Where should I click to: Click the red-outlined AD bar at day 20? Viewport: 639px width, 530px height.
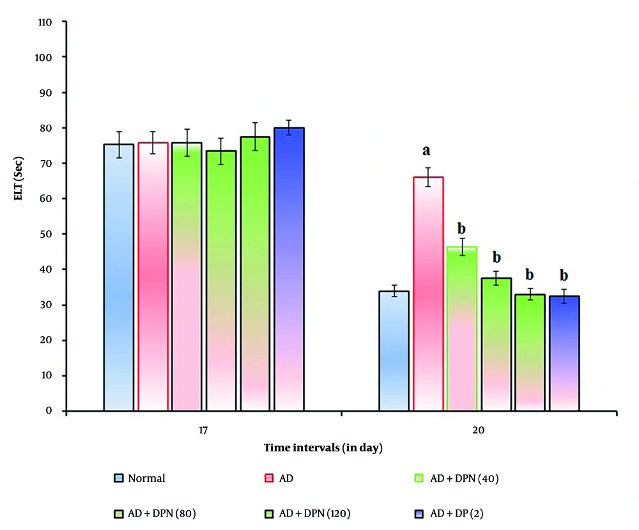coord(428,294)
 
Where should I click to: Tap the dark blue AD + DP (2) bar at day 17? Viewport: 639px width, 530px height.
coord(289,269)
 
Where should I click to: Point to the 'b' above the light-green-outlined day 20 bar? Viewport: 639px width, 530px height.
coord(462,229)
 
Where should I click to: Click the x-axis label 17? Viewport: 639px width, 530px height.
coord(204,431)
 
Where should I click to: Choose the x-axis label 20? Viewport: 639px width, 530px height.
coord(479,431)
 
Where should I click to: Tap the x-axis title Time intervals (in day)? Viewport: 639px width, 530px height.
coord(323,448)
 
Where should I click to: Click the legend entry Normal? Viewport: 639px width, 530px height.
coord(146,478)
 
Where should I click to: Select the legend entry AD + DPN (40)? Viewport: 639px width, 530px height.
coord(465,478)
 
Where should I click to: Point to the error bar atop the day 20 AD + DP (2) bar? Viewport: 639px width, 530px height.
coord(564,296)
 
